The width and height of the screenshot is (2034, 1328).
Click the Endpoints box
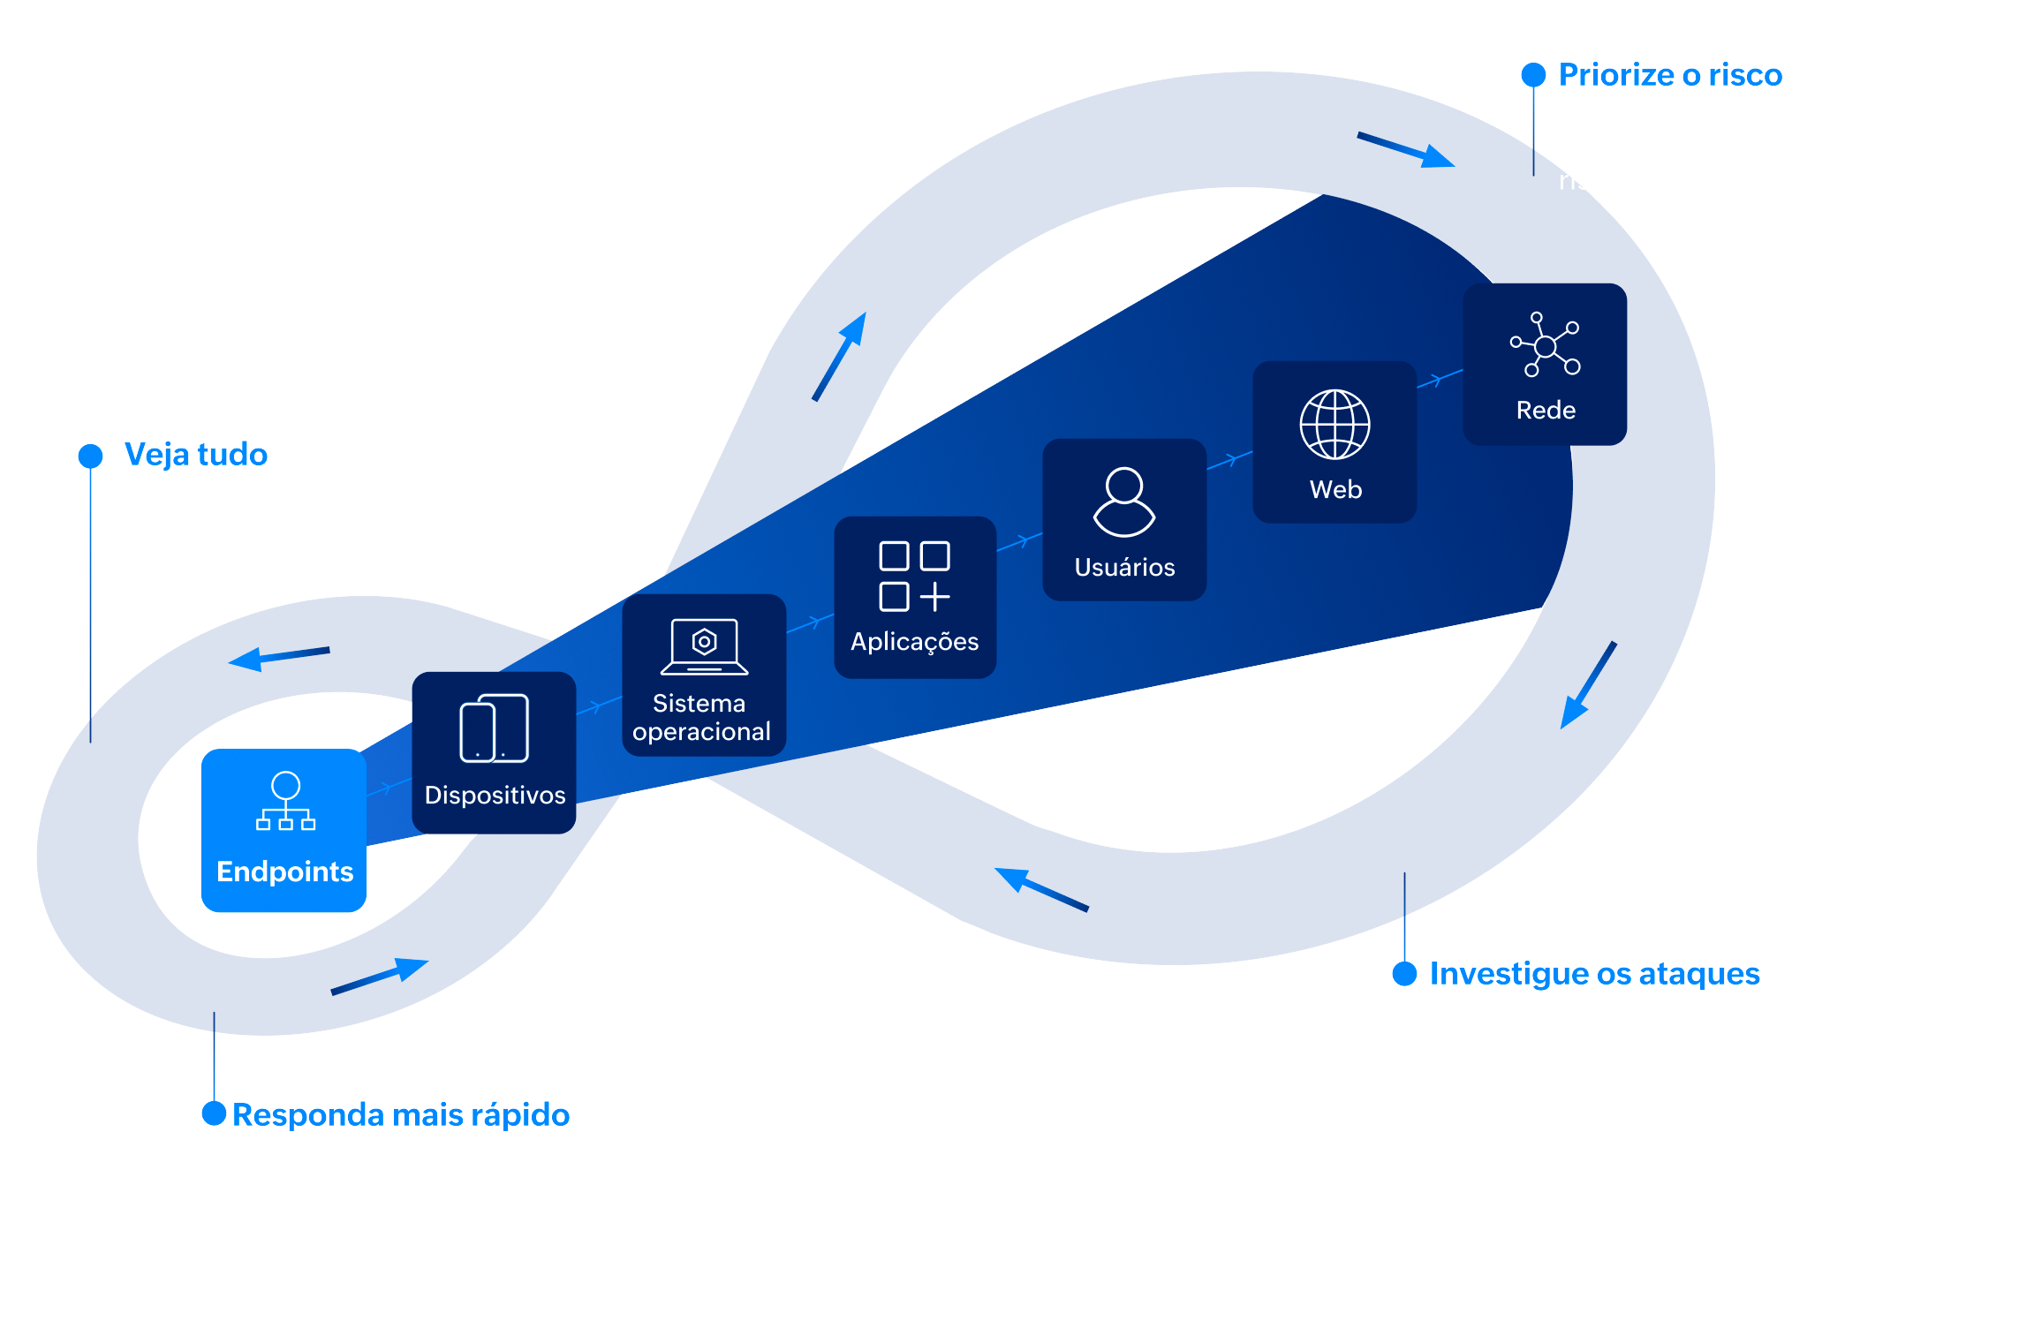[284, 830]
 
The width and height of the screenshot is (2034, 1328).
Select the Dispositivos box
[494, 752]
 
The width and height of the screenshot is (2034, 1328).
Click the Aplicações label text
[914, 642]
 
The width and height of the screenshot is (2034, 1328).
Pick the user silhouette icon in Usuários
[1123, 502]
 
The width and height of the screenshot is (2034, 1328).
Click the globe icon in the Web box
[1335, 425]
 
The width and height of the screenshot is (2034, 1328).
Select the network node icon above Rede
[1545, 344]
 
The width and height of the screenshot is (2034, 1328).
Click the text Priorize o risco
[1669, 75]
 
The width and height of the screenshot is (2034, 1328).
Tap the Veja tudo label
[195, 455]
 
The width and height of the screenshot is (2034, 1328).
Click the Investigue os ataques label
[1594, 974]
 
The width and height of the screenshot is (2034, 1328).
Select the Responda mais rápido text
[400, 1115]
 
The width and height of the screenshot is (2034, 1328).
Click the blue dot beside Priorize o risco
[1533, 75]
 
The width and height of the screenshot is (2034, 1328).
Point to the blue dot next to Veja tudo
[90, 456]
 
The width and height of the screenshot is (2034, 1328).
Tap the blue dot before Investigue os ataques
[1404, 974]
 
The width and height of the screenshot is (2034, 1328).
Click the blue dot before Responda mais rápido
[214, 1113]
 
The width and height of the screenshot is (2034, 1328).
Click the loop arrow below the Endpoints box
[380, 977]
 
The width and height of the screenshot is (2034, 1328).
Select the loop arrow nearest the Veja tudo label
[278, 658]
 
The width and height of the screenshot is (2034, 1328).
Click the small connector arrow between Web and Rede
[1440, 379]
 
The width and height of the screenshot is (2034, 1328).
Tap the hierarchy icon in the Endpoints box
[285, 802]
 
